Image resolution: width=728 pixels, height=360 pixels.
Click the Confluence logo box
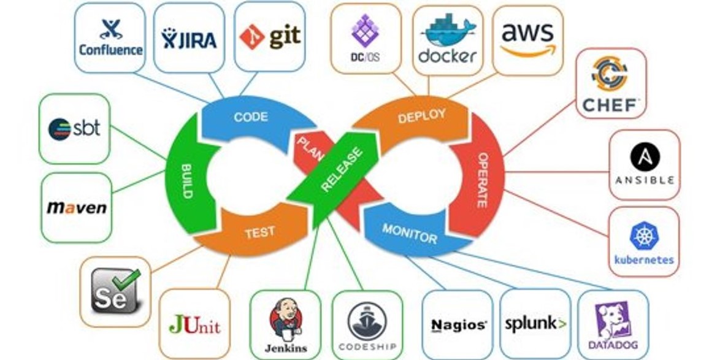point(110,37)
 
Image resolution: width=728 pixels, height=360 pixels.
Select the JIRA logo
point(189,39)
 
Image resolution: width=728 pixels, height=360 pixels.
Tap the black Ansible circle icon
point(645,156)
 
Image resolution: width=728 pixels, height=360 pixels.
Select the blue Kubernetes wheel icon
point(644,236)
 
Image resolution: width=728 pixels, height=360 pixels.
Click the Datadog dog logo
point(613,320)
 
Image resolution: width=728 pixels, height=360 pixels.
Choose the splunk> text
point(535,323)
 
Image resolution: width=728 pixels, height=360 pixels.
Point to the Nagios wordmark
point(459,325)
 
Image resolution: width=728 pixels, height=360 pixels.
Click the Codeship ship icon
point(367,321)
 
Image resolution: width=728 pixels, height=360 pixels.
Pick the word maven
point(77,207)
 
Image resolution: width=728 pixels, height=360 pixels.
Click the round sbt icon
point(59,129)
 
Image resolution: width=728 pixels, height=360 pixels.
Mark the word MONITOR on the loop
point(410,233)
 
